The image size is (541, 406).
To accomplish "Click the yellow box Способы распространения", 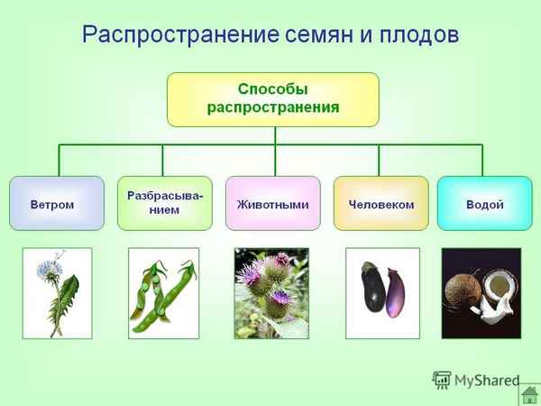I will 272,99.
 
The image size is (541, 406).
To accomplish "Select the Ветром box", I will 51,204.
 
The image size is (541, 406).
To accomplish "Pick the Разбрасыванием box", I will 164,203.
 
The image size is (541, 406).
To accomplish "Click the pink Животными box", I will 272,204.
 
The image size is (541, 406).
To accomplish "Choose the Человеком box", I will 381,204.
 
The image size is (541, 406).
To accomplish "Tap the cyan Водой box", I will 484,204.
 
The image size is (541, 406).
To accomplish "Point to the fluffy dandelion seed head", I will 48,268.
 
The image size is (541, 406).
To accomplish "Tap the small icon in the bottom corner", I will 530,394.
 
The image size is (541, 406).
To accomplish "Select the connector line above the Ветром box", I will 60,160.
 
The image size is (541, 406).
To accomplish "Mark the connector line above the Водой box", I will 482,160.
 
